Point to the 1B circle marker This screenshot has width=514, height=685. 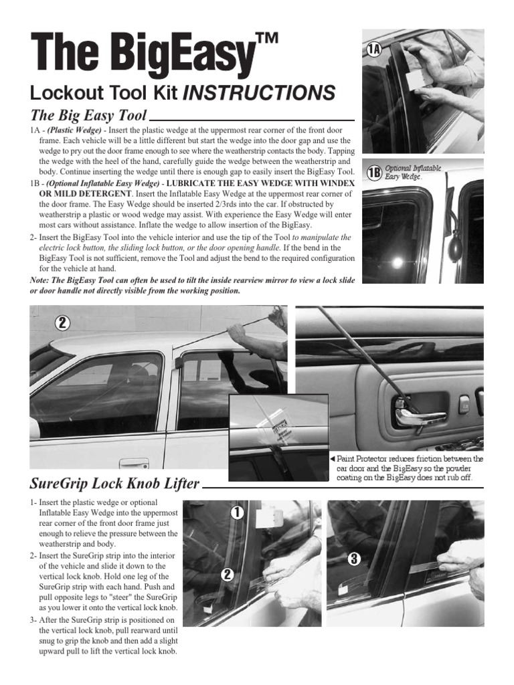coord(375,173)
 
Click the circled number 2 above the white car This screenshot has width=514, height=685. coord(62,322)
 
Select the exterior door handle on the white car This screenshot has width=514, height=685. coord(133,462)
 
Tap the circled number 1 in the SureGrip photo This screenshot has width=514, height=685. coord(236,512)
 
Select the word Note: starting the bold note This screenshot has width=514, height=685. coord(43,279)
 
